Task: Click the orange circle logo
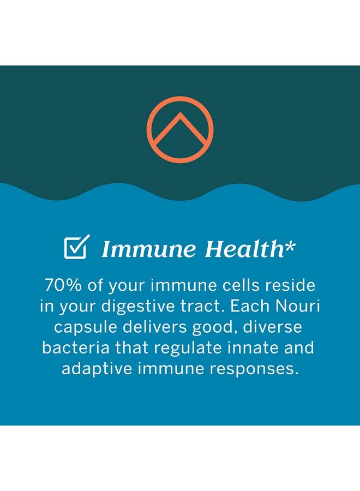click(x=180, y=98)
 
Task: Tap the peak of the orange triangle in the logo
click(x=180, y=113)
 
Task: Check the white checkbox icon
click(x=77, y=247)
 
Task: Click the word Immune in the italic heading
click(x=149, y=249)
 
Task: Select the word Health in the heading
click(x=244, y=249)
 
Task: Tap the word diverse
click(x=272, y=327)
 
